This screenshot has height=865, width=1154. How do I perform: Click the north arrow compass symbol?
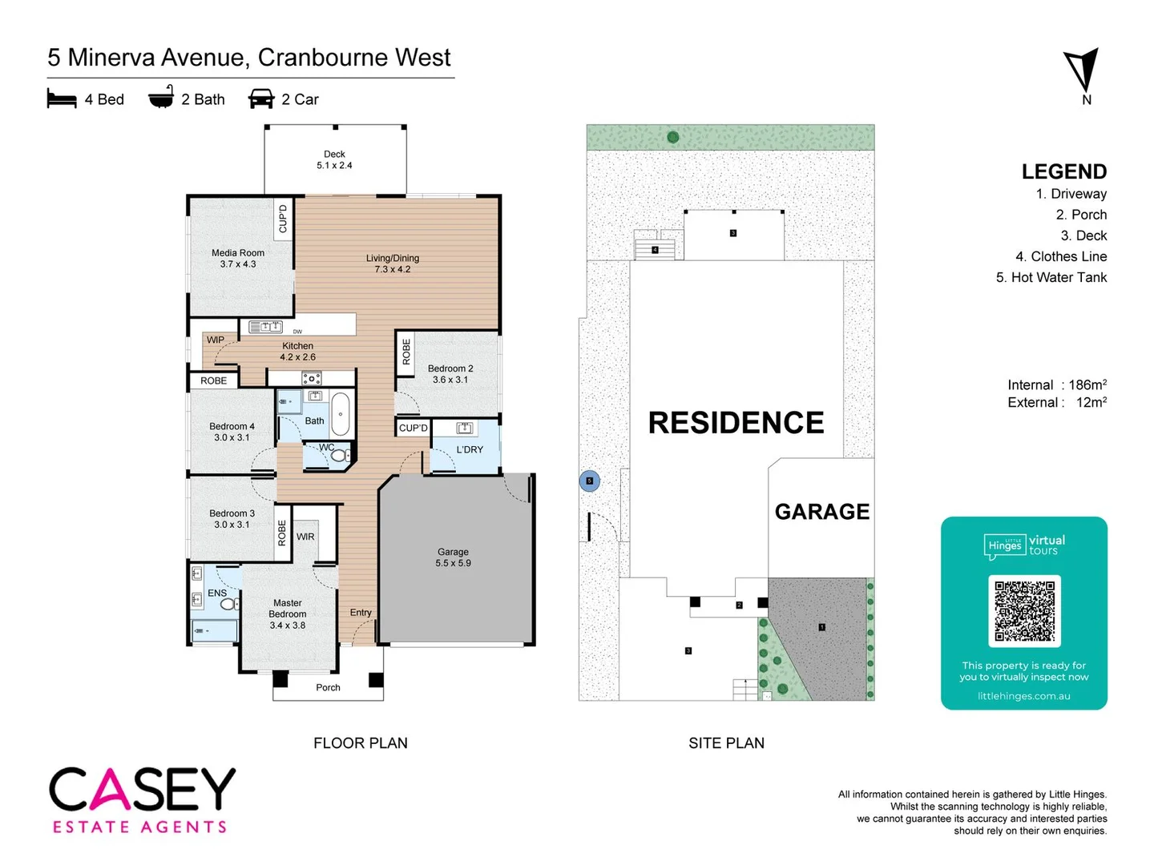(1082, 70)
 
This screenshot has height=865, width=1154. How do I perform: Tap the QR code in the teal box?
(1024, 610)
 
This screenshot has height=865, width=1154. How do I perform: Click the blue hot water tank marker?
(590, 481)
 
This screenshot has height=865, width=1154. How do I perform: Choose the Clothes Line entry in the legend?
(1061, 256)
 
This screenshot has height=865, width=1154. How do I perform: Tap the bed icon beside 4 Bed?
(62, 99)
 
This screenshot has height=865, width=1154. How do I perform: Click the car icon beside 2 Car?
(261, 99)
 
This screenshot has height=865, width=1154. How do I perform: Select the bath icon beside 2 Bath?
(161, 97)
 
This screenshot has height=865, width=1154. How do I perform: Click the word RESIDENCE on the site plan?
(736, 423)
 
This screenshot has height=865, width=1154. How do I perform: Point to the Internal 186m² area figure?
(1057, 385)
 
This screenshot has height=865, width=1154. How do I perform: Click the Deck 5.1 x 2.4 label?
(334, 159)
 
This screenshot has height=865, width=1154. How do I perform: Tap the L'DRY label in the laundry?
(470, 449)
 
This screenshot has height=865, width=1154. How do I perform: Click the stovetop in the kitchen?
(311, 378)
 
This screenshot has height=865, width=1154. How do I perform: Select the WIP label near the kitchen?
(216, 340)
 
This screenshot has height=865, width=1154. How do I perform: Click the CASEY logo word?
(143, 790)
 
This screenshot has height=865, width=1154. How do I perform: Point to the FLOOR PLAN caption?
(361, 743)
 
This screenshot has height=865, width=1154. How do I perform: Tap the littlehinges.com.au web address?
(1023, 696)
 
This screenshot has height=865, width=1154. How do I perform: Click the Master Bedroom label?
(288, 614)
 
